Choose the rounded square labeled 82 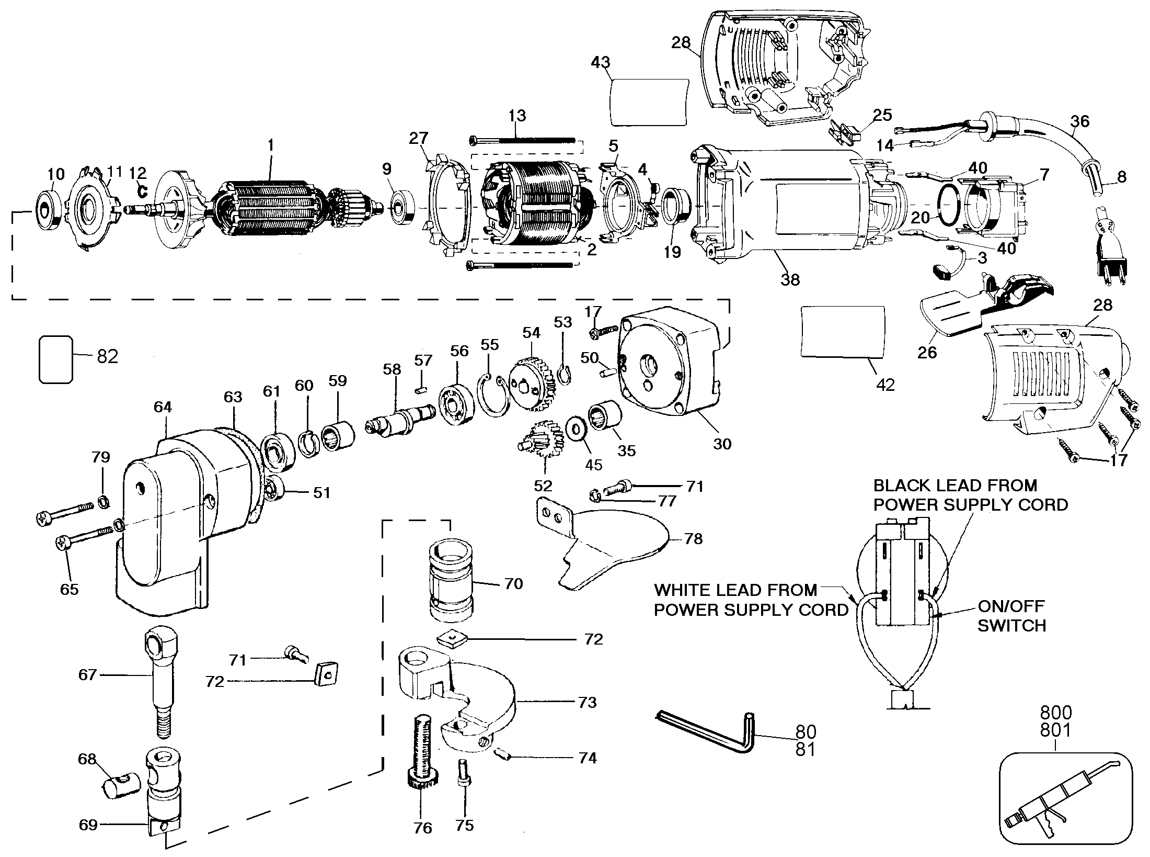pyautogui.click(x=55, y=359)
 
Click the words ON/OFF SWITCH pyautogui.click(x=1011, y=616)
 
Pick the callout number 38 pyautogui.click(x=790, y=280)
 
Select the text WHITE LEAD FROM pyautogui.click(x=735, y=590)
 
